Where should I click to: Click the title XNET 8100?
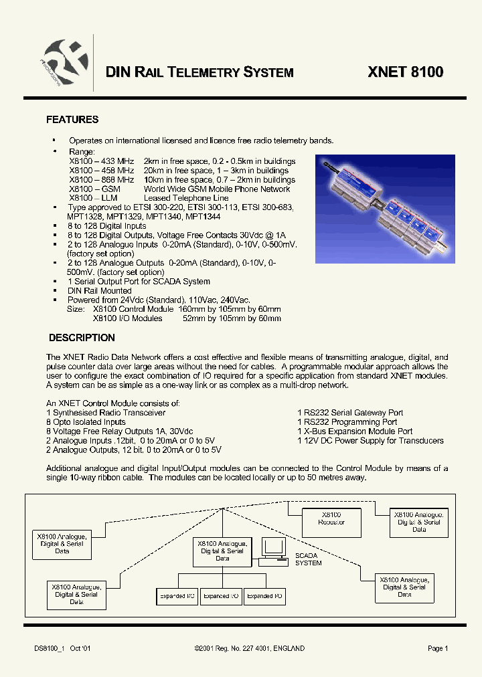coord(405,72)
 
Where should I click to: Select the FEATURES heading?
coord(72,120)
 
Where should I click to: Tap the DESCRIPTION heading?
coord(82,338)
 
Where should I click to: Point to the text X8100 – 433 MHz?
coord(101,161)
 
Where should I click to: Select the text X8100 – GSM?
coord(94,189)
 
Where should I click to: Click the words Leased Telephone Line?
coord(186,198)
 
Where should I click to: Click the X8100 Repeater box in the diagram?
coord(332,518)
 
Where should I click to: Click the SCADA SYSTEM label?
coord(308,559)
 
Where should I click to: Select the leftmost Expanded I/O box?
coord(177,595)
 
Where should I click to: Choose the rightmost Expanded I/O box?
coord(264,595)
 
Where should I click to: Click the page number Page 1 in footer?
coord(438,648)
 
